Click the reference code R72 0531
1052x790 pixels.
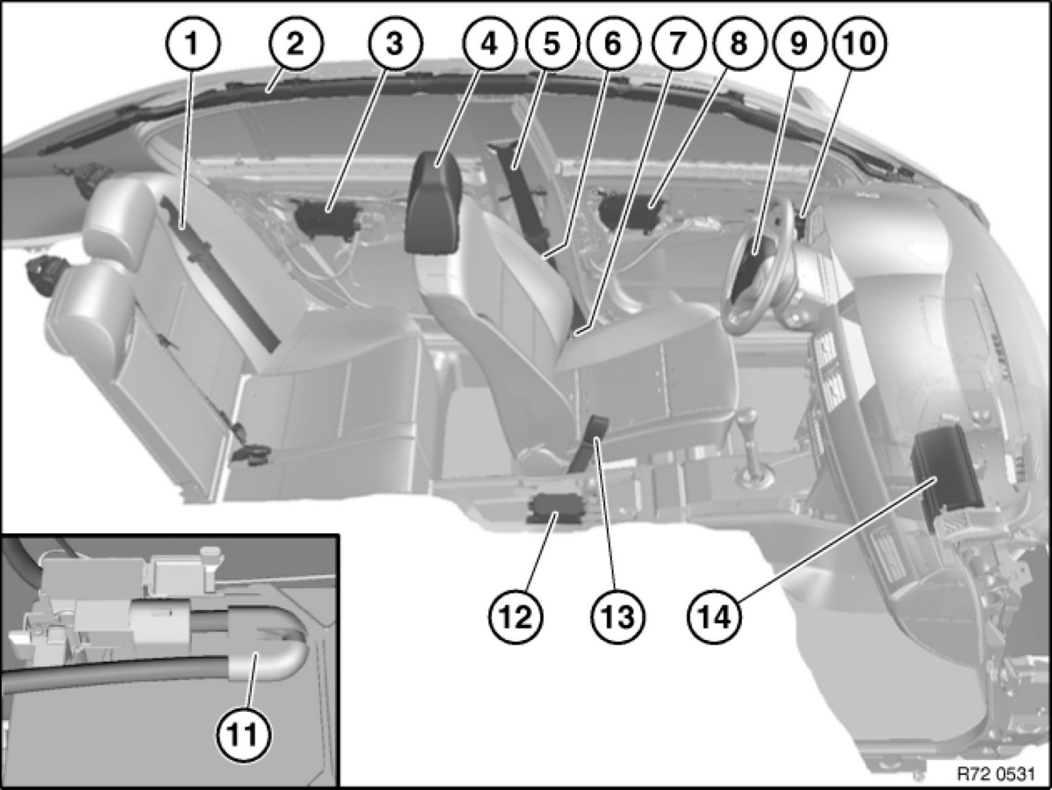pyautogui.click(x=997, y=774)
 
